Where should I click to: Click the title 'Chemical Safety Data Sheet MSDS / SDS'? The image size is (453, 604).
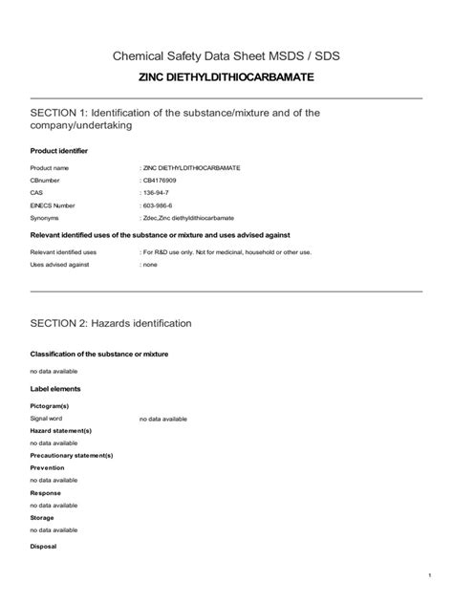[226, 56]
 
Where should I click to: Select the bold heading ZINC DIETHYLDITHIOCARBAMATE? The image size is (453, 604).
[226, 76]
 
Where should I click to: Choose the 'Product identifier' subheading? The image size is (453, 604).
[59, 151]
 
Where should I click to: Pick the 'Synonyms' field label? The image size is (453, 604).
[46, 217]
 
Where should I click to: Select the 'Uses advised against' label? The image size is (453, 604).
[59, 265]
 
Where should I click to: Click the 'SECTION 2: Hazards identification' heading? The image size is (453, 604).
[112, 323]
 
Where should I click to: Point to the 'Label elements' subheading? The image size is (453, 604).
[55, 389]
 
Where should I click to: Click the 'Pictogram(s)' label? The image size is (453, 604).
[50, 406]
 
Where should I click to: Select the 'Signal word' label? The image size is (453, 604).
[46, 418]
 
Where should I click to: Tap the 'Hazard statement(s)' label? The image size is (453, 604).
[61, 430]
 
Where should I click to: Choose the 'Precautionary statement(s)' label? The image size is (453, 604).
[72, 455]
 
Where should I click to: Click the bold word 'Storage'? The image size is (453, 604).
[43, 517]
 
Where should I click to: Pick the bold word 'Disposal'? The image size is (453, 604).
[44, 546]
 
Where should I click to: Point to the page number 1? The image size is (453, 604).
[431, 574]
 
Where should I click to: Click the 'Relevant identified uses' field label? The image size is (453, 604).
[63, 252]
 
